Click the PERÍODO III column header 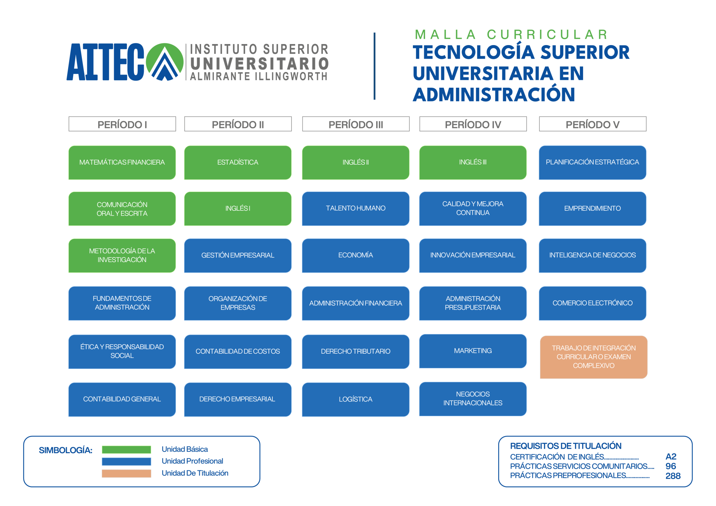coord(356,124)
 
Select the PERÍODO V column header coord(593,124)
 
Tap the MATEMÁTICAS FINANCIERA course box coord(122,162)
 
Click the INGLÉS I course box coord(238,209)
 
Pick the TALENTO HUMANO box coord(356,209)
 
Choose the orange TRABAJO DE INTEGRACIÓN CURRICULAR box coord(594,357)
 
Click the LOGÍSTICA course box coord(356,399)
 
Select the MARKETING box coord(473,351)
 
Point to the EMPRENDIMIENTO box coord(593,209)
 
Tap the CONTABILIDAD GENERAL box coord(122,399)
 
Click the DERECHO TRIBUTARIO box coord(356,352)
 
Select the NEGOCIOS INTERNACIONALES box coord(473,399)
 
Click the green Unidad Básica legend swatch coord(126,450)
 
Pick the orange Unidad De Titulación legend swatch coord(126,474)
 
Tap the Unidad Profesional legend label coord(192,461)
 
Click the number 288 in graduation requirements coord(673,476)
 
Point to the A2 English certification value coord(671,457)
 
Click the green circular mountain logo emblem coord(165,62)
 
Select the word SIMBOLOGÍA coord(65,450)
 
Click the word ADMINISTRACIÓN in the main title coord(494,95)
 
